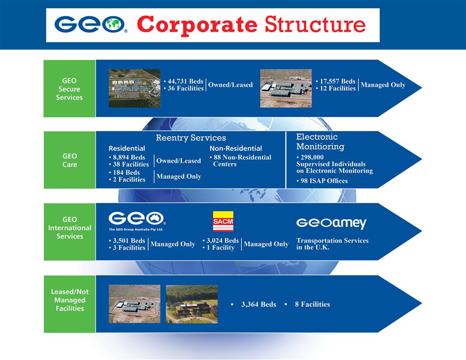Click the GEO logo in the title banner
pos(91,25)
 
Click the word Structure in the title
pos(315,25)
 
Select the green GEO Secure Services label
pos(69,89)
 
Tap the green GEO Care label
pos(69,160)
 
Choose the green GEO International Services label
pos(69,228)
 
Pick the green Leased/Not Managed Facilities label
pos(69,300)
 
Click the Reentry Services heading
pos(191,138)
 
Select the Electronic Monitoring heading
pos(320,142)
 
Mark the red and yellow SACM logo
pos(223,221)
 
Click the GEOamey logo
pos(331,223)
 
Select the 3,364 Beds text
pos(258,304)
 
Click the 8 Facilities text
pos(312,304)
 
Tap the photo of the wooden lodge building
pos(192,304)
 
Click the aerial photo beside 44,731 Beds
pos(135,88)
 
